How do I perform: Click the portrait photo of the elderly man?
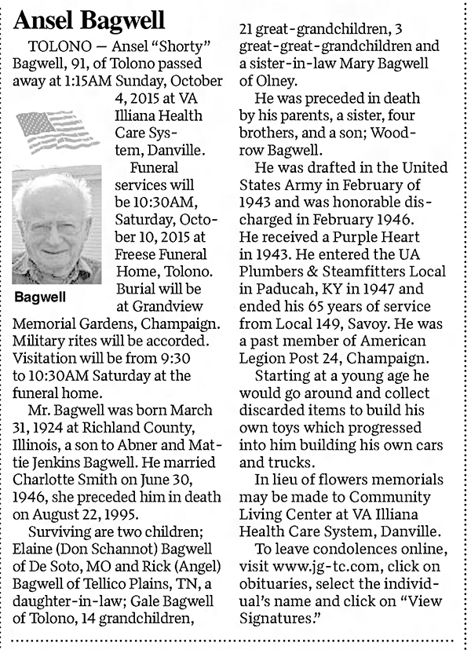click(x=57, y=226)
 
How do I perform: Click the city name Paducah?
click(x=284, y=289)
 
